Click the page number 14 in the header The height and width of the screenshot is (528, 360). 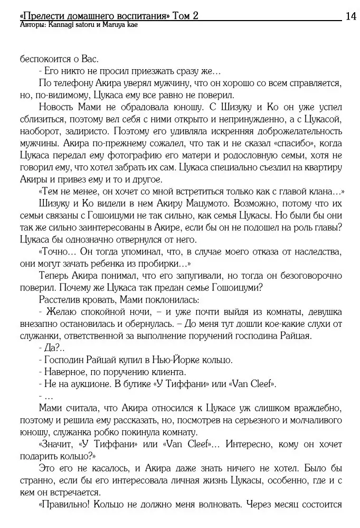350,16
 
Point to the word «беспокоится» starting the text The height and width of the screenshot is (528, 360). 44,59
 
